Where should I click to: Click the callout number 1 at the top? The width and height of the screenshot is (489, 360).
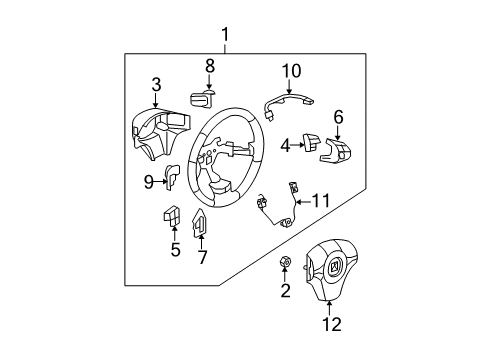tap(225, 38)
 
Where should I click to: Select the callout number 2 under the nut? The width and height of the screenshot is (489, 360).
tap(284, 291)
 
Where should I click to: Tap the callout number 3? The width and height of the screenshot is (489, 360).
tap(156, 84)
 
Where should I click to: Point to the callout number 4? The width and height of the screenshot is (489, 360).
tap(285, 145)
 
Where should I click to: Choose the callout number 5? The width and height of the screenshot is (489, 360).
tap(175, 249)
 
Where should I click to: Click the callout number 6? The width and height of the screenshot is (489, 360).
tap(338, 117)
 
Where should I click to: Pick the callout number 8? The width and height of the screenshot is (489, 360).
tap(210, 66)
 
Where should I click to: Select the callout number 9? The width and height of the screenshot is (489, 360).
tap(148, 181)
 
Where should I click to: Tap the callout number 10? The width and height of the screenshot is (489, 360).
tap(290, 70)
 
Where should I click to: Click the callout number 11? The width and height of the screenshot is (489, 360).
tap(320, 201)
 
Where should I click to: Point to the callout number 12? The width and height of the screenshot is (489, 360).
tap(330, 323)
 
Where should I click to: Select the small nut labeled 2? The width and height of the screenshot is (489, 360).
tap(284, 264)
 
